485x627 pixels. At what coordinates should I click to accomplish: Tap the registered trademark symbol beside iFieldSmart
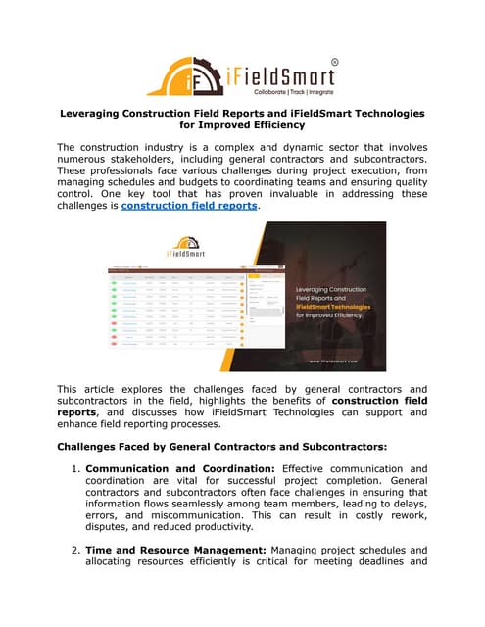point(334,62)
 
